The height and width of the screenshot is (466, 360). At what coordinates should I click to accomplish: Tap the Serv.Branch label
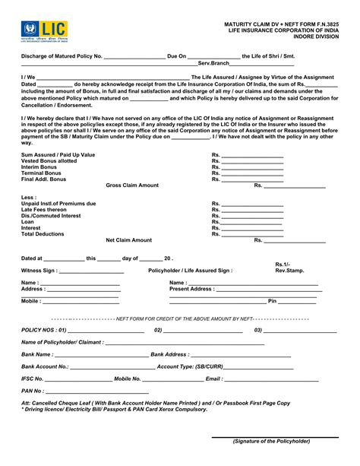pos(213,63)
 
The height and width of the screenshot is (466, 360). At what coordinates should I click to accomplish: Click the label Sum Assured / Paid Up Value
pos(58,154)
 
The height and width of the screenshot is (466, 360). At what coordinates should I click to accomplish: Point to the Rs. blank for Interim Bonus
pos(251,167)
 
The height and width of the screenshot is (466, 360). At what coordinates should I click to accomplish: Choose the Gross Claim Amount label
pos(132,185)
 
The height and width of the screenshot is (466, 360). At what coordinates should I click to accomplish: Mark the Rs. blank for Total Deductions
pos(251,235)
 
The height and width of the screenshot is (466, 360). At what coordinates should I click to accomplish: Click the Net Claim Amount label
pos(128,240)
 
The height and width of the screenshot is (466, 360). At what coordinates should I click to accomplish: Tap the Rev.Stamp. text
pos(289,271)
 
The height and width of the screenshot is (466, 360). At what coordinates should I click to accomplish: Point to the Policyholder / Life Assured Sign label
pos(190,271)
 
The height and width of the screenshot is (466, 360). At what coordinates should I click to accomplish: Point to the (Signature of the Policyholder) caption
pos(271,441)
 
